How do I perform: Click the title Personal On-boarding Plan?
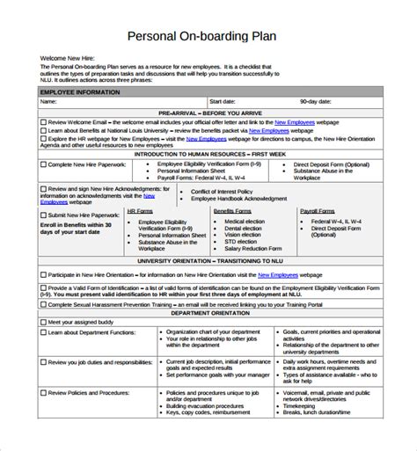208,36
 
